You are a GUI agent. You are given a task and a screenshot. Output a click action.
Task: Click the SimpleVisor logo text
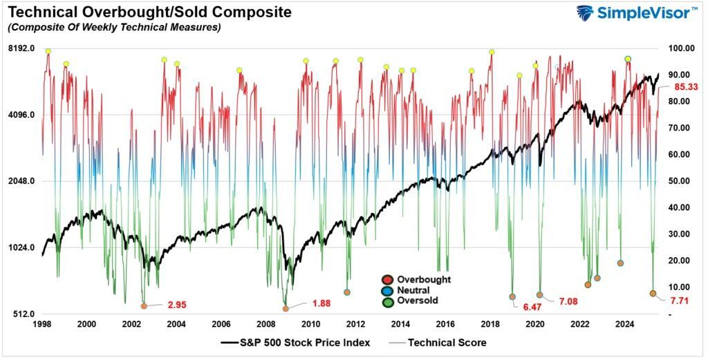pos(644,13)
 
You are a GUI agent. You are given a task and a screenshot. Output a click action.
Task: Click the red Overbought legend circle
pos(387,279)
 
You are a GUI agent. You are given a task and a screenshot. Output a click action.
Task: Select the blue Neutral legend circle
pos(387,290)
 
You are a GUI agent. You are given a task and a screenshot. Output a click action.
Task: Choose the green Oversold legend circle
pos(387,301)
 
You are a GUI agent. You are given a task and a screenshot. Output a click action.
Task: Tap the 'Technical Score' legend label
pos(447,343)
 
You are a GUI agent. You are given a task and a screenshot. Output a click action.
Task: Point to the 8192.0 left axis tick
pos(21,48)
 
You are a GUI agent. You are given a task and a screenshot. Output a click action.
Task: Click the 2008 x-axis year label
pos(265,324)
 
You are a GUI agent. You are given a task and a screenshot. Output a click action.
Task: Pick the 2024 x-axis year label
pos(625,324)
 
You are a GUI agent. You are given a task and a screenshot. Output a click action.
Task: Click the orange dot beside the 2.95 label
pos(144,306)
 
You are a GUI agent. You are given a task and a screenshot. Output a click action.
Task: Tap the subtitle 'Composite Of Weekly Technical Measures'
pos(113,28)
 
